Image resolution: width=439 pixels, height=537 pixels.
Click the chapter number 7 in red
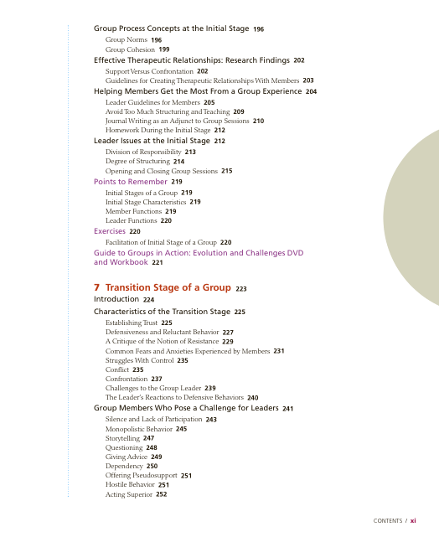coord(97,287)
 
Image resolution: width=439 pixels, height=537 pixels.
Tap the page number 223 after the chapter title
coord(241,288)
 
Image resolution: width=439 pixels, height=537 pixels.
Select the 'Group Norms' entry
coord(127,39)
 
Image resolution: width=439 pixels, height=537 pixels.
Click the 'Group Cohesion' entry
coord(130,49)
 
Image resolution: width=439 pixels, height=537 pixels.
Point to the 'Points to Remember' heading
coord(131,181)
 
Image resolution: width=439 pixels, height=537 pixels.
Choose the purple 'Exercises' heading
coord(110,230)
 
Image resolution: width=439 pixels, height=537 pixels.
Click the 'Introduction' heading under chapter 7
coord(116,299)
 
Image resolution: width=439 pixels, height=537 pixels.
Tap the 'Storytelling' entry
coord(123,438)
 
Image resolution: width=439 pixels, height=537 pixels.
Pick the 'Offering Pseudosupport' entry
coord(142,475)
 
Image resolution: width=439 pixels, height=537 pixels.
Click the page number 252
coord(162,494)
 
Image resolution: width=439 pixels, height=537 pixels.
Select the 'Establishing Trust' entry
coord(132,323)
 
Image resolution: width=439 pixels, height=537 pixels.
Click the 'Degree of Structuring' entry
coord(137,161)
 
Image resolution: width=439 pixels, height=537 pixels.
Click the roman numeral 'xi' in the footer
coord(425,520)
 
